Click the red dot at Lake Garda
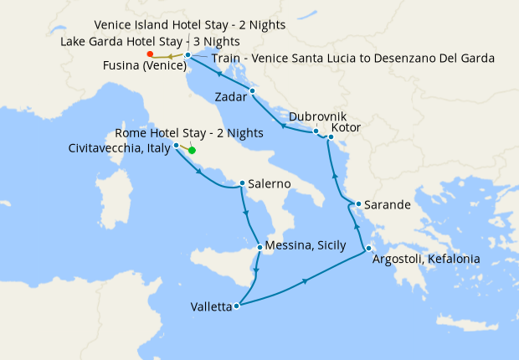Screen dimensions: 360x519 click(150, 54)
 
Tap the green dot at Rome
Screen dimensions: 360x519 click(192, 151)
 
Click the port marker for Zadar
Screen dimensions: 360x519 click(252, 90)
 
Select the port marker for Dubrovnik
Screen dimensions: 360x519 click(316, 131)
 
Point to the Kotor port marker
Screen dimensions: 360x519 click(327, 137)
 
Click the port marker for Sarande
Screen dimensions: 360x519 click(357, 204)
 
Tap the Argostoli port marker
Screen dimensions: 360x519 click(368, 247)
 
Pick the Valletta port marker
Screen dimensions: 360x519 click(237, 306)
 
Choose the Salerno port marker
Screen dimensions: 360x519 click(242, 183)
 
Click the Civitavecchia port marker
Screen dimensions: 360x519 click(176, 145)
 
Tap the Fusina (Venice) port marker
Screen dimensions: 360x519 click(188, 55)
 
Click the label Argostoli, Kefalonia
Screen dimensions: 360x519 click(426, 260)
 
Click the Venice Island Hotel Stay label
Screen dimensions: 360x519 click(190, 25)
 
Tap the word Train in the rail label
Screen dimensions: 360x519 click(229, 59)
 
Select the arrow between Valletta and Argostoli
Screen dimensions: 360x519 click(305, 280)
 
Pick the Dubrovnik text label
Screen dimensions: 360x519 click(316, 117)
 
